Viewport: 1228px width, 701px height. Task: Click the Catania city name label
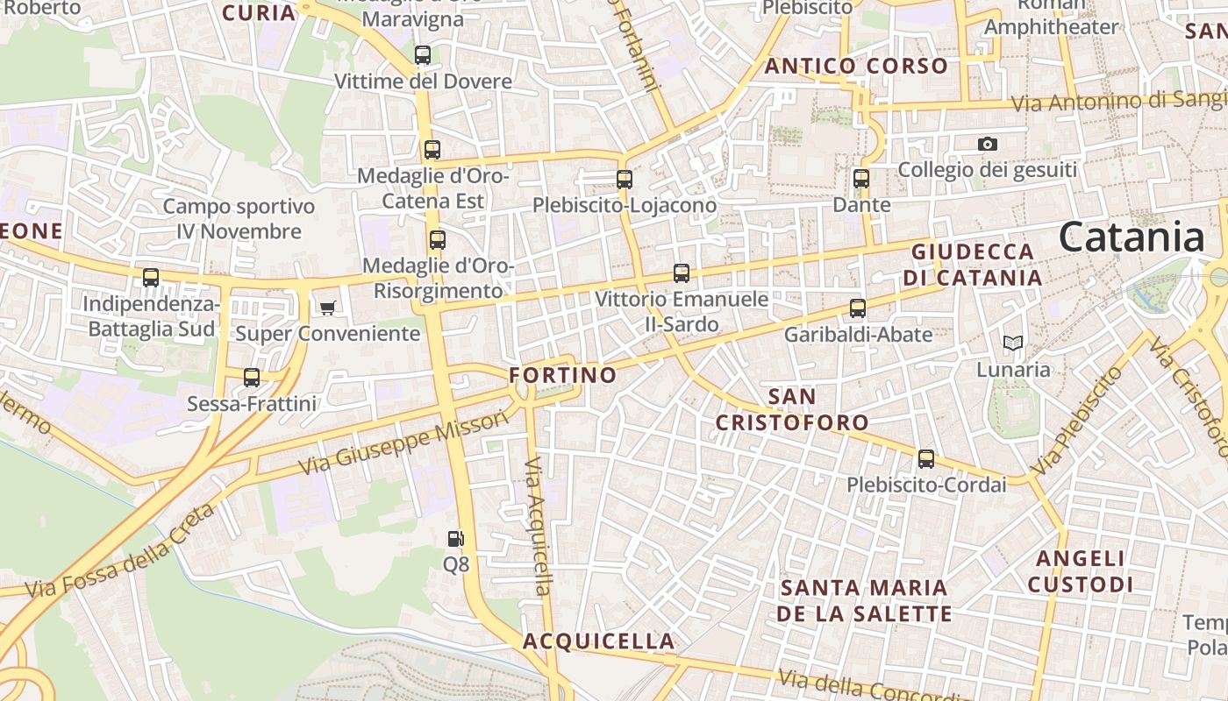[x=1132, y=237]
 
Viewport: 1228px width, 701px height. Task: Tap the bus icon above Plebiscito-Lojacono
[x=625, y=180]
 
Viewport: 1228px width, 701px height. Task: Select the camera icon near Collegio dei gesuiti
[x=988, y=144]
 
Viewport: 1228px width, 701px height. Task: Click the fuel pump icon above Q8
[x=455, y=539]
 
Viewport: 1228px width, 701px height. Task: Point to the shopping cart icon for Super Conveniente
[x=327, y=308]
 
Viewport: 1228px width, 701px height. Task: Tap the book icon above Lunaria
[x=1013, y=343]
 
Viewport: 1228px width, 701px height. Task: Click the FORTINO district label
[x=563, y=375]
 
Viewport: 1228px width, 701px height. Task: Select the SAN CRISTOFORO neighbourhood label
[x=792, y=409]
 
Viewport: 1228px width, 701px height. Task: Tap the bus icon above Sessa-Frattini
[x=252, y=378]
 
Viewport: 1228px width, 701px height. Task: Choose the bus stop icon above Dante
[x=861, y=179]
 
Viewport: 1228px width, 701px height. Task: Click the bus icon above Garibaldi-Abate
[x=858, y=308]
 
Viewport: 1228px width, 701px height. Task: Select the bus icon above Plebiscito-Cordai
[x=926, y=459]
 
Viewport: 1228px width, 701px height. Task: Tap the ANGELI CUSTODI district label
[x=1081, y=571]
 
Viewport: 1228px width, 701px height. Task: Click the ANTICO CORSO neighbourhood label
[x=856, y=66]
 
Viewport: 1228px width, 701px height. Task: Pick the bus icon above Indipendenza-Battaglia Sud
[x=151, y=278]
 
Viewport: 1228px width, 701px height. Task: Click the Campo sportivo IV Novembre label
[x=239, y=219]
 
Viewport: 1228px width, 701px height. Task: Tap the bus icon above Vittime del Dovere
[x=423, y=55]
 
